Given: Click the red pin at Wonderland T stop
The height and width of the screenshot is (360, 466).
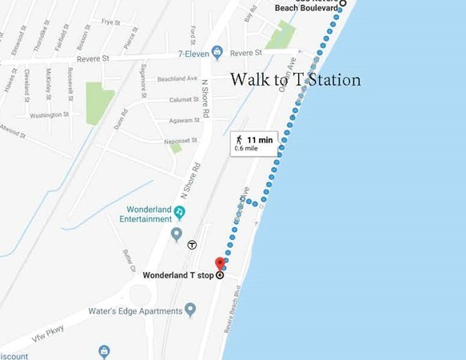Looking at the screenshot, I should click(x=221, y=264).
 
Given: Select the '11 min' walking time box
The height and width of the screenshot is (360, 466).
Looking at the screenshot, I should click(x=254, y=143).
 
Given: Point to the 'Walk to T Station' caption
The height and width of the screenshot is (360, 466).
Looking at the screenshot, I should click(x=295, y=80).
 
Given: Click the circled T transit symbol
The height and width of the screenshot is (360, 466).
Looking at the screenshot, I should click(x=192, y=245).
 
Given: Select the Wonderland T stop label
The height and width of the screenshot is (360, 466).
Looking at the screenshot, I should click(x=178, y=276).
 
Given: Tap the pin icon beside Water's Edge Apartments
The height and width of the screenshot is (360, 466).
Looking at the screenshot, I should click(x=190, y=310).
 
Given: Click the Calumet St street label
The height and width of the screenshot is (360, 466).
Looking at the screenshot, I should click(x=184, y=100).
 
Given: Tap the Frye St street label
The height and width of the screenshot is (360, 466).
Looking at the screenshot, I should click(x=105, y=22).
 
